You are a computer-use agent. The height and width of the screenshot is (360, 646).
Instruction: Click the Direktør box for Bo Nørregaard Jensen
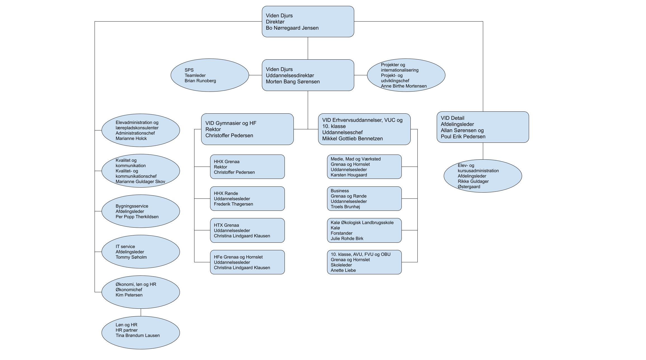pyautogui.click(x=308, y=22)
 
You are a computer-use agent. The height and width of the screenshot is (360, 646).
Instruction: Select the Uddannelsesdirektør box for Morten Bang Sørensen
pyautogui.click(x=308, y=75)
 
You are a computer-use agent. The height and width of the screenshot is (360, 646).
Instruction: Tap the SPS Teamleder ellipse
pyautogui.click(x=210, y=75)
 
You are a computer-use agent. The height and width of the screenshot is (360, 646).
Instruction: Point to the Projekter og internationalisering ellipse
pyautogui.click(x=406, y=75)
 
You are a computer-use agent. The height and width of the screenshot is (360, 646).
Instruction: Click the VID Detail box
pyautogui.click(x=483, y=127)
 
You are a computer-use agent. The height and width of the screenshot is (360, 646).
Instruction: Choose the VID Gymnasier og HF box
pyautogui.click(x=247, y=129)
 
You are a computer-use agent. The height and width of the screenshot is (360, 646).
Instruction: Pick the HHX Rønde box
pyautogui.click(x=247, y=198)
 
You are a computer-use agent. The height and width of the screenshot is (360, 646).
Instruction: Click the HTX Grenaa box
pyautogui.click(x=247, y=230)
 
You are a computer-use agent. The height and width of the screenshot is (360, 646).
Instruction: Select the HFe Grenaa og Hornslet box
pyautogui.click(x=247, y=262)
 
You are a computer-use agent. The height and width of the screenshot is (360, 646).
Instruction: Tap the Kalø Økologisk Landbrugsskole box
pyautogui.click(x=364, y=230)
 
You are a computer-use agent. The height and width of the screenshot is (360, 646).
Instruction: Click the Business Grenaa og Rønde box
pyautogui.click(x=364, y=198)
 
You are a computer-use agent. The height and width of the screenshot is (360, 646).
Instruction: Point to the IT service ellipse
pyautogui.click(x=140, y=252)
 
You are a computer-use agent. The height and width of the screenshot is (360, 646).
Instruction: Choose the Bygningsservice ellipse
pyautogui.click(x=140, y=211)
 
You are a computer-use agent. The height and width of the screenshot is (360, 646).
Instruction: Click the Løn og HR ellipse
pyautogui.click(x=140, y=333)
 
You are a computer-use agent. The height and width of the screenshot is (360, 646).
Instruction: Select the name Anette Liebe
pyautogui.click(x=343, y=270)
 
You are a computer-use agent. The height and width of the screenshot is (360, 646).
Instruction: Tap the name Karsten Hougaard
pyautogui.click(x=349, y=175)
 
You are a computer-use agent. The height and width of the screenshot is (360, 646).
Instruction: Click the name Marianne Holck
pyautogui.click(x=131, y=138)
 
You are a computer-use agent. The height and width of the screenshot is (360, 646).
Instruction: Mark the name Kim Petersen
pyautogui.click(x=129, y=295)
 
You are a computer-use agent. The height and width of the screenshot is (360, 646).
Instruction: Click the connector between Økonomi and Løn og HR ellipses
pyautogui.click(x=141, y=312)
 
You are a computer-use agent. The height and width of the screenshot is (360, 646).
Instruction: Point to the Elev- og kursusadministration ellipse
pyautogui.click(x=483, y=176)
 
